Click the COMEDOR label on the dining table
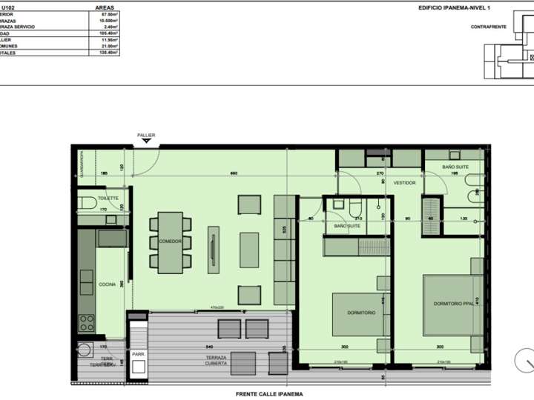[x=170, y=241]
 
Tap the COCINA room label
[x=107, y=284]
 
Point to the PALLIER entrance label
[x=146, y=135]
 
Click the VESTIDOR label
[x=404, y=182]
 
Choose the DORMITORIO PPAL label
[x=453, y=304]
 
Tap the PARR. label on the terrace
[x=138, y=353]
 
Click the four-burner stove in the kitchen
[x=87, y=322]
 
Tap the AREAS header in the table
[x=105, y=7]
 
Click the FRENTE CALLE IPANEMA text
[x=268, y=394]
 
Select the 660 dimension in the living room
[x=233, y=174]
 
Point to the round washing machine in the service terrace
[x=84, y=350]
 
